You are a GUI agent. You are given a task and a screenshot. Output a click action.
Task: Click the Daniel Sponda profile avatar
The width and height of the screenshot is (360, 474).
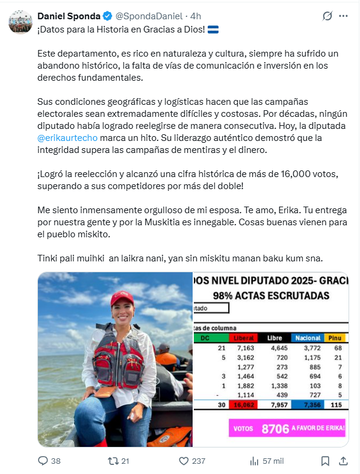coord(20,22)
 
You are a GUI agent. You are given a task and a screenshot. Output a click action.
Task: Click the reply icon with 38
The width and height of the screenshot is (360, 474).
coord(43,461)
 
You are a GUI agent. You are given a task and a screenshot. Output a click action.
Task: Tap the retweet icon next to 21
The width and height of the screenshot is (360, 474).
coord(111,461)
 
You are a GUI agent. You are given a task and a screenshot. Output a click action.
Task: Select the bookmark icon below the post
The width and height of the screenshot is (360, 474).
coord(325,461)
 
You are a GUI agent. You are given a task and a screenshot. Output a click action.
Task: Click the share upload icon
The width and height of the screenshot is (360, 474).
coord(344,461)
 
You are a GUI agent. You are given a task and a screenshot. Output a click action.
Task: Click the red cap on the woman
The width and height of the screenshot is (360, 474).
coord(122,299)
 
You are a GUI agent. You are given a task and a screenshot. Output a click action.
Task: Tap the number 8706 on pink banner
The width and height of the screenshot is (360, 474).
coord(276,428)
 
